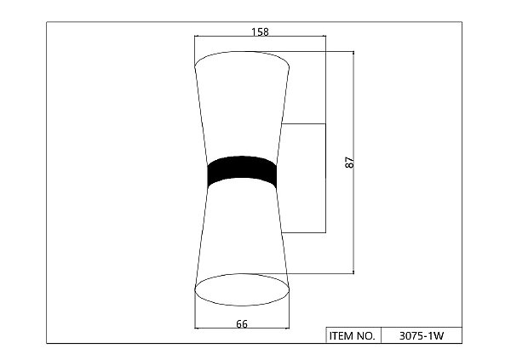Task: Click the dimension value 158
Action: pos(260,32)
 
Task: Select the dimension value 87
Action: pos(349,163)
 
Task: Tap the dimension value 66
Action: pos(242,324)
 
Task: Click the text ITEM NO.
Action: pos(353,336)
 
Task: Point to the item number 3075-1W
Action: pos(422,336)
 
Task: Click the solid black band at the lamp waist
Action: pos(242,172)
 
